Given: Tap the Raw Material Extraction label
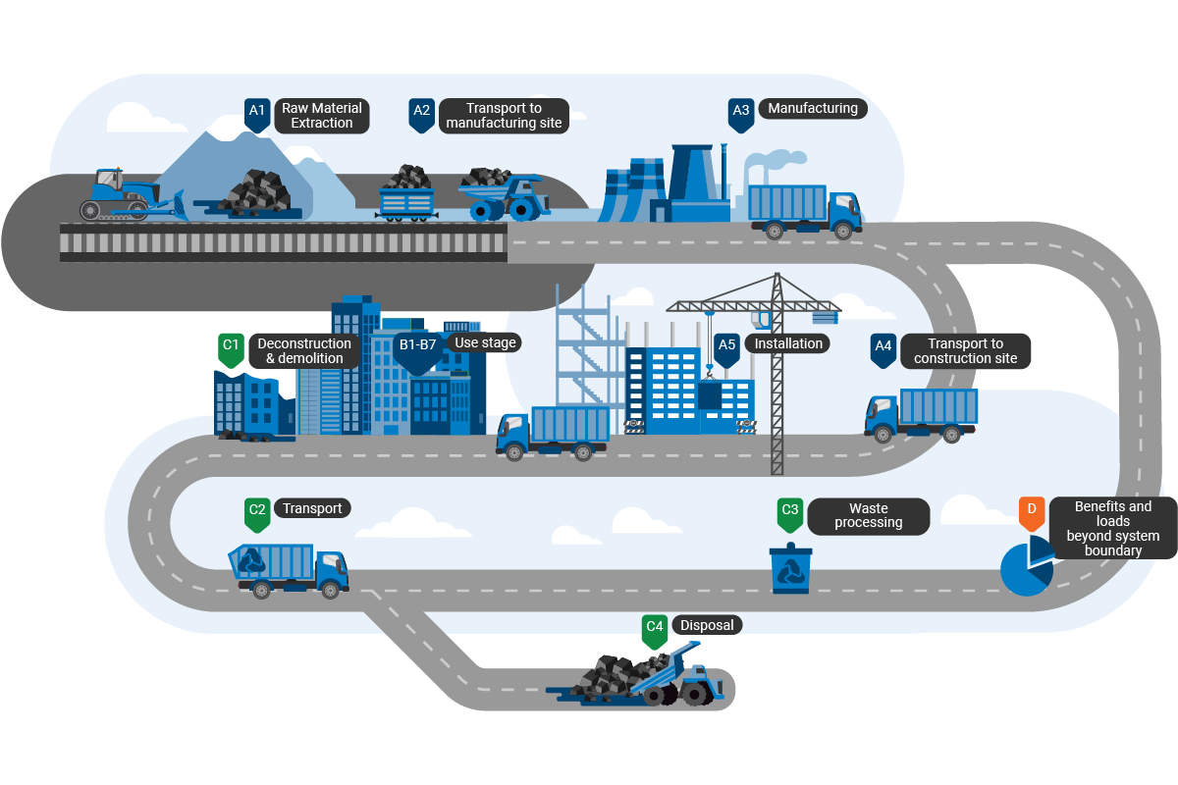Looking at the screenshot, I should coord(322,116).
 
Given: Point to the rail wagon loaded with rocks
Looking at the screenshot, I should coord(407,196).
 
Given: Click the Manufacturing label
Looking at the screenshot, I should coord(813,109).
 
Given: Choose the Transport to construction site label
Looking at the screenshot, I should coord(965,351).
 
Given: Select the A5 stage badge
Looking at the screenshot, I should coord(726,348).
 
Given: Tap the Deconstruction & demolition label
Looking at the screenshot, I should coord(303,351).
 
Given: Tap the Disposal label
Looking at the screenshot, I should coord(706,625).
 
